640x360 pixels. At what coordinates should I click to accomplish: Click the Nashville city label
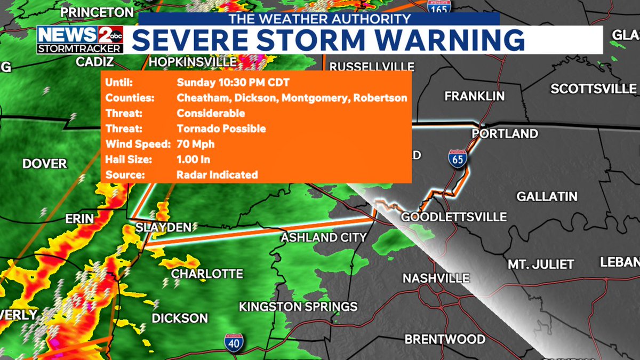[436, 278]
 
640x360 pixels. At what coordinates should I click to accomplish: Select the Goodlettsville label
[454, 217]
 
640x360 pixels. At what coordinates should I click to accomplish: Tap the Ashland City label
[324, 237]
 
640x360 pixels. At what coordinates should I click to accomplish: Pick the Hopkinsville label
[193, 62]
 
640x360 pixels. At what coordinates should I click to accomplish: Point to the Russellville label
[372, 67]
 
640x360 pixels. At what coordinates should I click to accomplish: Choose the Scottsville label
[594, 89]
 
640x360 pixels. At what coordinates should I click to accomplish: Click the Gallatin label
[547, 197]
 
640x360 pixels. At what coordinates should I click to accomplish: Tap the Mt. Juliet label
[540, 264]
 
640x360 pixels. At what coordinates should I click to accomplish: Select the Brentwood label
[445, 339]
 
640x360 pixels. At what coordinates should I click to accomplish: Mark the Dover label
[45, 164]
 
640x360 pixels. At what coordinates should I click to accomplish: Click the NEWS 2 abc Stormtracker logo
[80, 39]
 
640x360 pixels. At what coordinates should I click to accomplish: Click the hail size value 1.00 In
[193, 159]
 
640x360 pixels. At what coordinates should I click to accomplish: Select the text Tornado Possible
[221, 129]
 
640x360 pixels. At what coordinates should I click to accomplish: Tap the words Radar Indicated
[217, 175]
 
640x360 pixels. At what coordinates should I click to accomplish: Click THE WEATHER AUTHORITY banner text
[319, 19]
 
